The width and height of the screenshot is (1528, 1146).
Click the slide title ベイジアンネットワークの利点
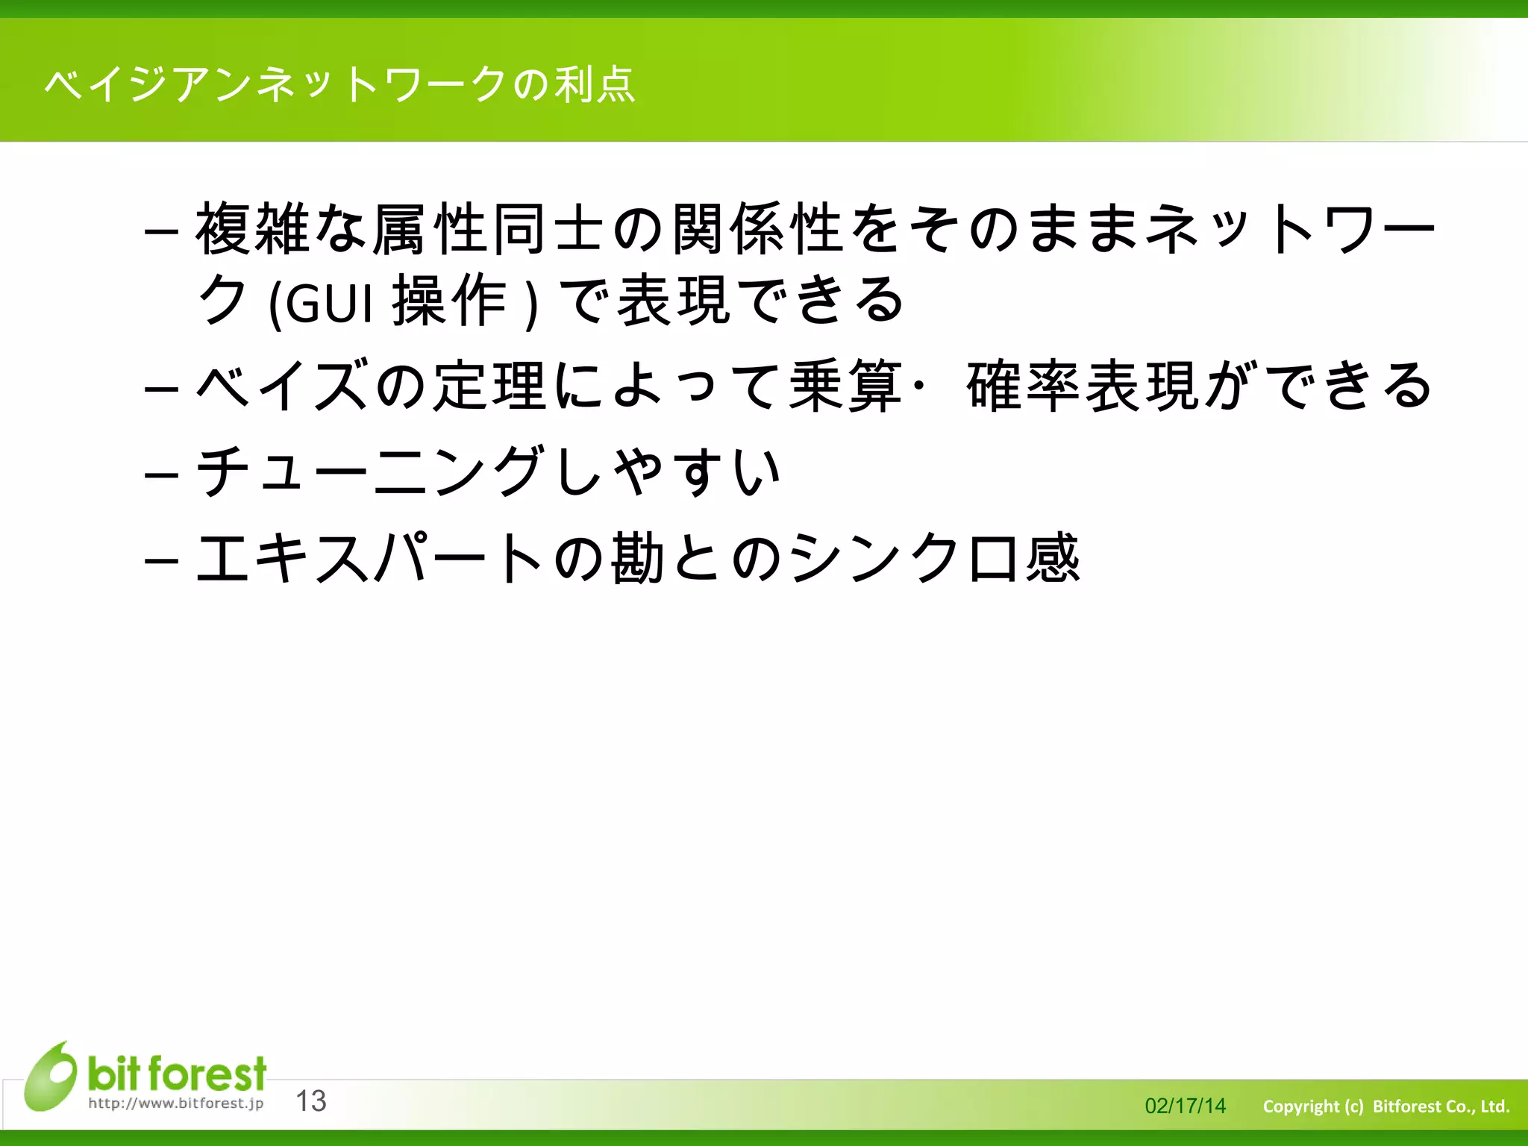pyautogui.click(x=339, y=84)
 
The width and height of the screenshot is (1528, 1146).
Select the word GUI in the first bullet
pyautogui.click(x=328, y=303)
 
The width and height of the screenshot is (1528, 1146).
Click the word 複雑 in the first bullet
pyautogui.click(x=254, y=228)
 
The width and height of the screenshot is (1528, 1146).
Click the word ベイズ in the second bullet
pyautogui.click(x=284, y=386)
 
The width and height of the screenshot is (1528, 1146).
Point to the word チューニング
pyautogui.click(x=369, y=471)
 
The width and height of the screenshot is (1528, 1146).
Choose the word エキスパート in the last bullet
pyautogui.click(x=369, y=557)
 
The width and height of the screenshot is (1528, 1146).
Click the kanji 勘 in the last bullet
pyautogui.click(x=638, y=557)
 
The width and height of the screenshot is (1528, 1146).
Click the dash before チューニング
pyautogui.click(x=161, y=474)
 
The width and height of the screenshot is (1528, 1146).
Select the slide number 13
pyautogui.click(x=311, y=1100)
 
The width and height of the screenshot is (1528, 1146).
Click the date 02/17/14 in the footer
pyautogui.click(x=1185, y=1106)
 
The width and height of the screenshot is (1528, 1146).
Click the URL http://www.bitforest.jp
pyautogui.click(x=176, y=1103)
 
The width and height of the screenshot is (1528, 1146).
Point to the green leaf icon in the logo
pyautogui.click(x=51, y=1076)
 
